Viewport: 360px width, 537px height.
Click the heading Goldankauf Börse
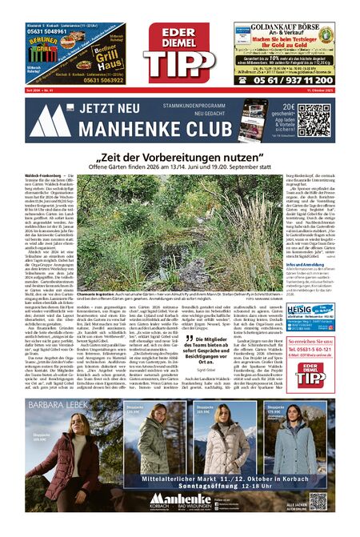[x=284, y=26]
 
